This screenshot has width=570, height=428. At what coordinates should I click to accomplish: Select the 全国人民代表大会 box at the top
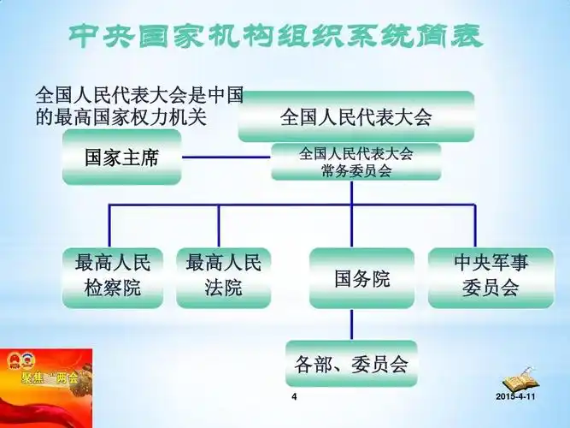(x=356, y=116)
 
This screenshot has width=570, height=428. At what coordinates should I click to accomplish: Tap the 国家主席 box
(x=121, y=158)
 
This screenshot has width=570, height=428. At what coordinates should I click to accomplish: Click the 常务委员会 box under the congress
(x=356, y=162)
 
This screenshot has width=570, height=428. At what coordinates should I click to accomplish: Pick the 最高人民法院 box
(x=223, y=277)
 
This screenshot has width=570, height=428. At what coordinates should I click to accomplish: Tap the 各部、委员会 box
(x=351, y=365)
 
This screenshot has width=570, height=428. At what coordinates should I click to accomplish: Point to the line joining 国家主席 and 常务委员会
(x=226, y=158)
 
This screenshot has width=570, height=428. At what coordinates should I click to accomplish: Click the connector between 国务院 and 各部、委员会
(x=351, y=324)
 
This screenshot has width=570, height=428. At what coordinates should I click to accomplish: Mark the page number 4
(x=294, y=399)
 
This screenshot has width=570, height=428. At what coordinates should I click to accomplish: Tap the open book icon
(x=517, y=381)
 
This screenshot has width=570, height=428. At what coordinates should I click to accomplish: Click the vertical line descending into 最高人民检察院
(x=109, y=226)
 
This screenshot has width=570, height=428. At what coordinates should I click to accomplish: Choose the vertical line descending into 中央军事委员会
(x=474, y=226)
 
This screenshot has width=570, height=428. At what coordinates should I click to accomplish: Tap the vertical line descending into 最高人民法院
(x=219, y=226)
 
